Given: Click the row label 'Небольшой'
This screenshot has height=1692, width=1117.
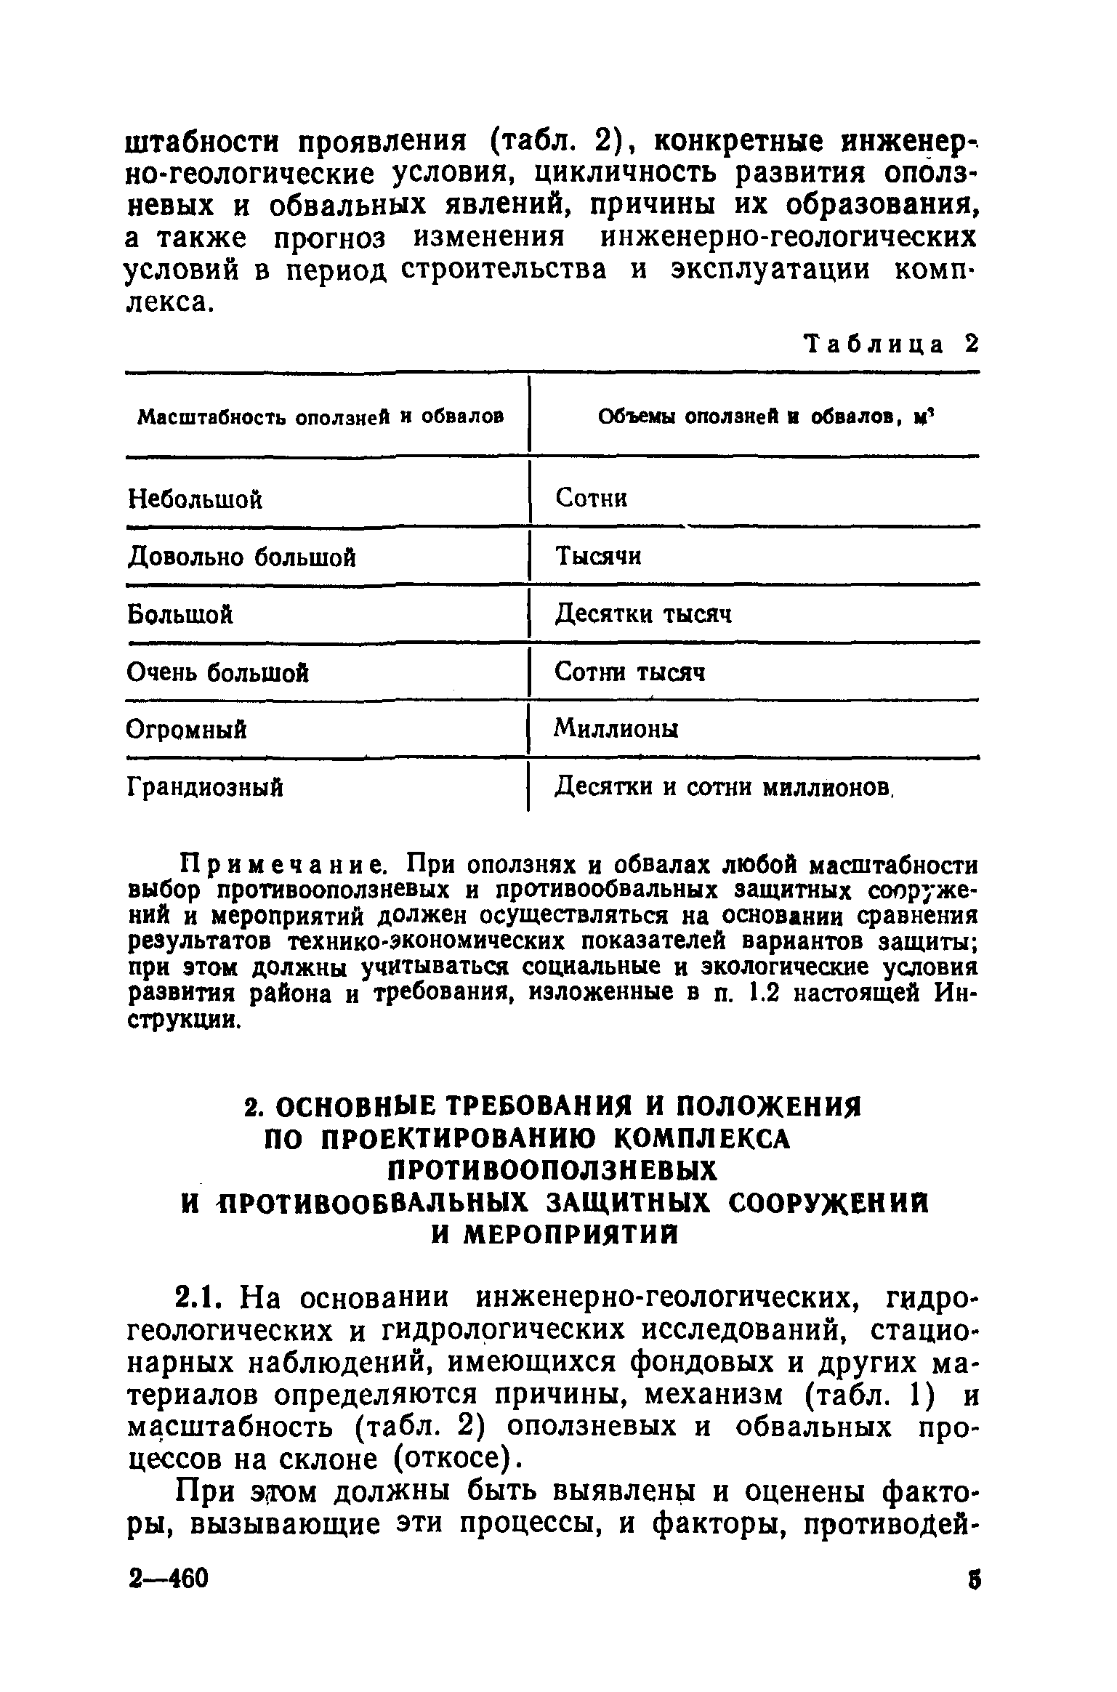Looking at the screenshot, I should point(195,499).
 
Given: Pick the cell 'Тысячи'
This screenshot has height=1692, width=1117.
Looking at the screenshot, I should point(598,557).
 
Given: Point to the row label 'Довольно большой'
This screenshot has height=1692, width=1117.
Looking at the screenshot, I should point(242,557).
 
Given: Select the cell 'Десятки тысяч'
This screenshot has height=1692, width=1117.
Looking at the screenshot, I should point(643,615).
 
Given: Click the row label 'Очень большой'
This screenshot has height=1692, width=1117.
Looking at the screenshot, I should point(218,672).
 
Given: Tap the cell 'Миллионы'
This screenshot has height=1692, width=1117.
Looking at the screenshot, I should point(616,728).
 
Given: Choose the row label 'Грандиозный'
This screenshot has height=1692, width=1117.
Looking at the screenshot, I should point(205,786).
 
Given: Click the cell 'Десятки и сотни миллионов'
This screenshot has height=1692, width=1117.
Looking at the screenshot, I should point(722,786).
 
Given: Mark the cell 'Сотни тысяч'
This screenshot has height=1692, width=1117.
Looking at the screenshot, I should point(629,672).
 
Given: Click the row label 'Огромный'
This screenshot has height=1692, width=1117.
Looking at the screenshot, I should point(187,729).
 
